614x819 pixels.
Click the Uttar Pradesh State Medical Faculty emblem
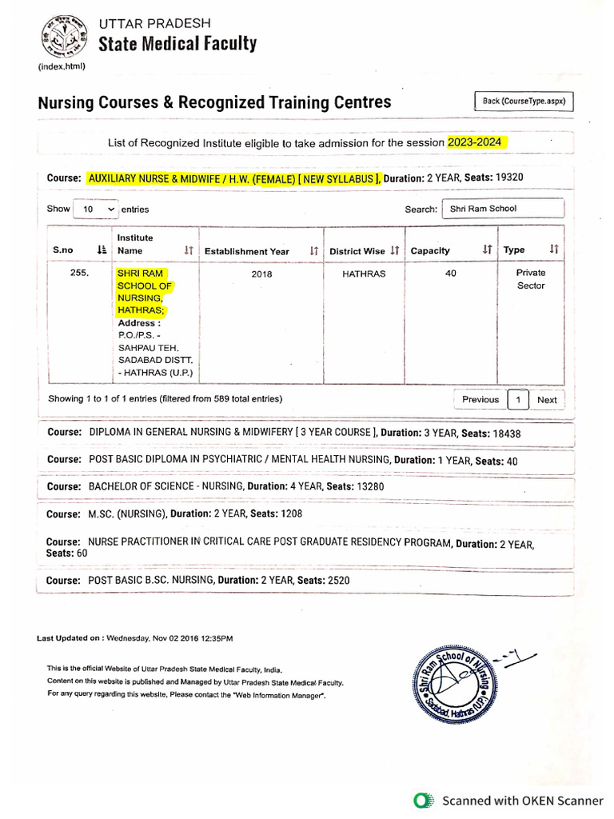[62, 35]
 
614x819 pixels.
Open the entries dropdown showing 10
[95, 209]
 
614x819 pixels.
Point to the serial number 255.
[79, 274]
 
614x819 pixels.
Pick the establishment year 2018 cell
[261, 274]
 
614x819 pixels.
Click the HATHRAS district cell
[364, 274]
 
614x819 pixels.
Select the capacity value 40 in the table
[450, 274]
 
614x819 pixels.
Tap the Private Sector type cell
[530, 279]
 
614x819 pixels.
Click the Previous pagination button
[480, 400]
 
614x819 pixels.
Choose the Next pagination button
[547, 400]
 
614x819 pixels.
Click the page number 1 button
[518, 400]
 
